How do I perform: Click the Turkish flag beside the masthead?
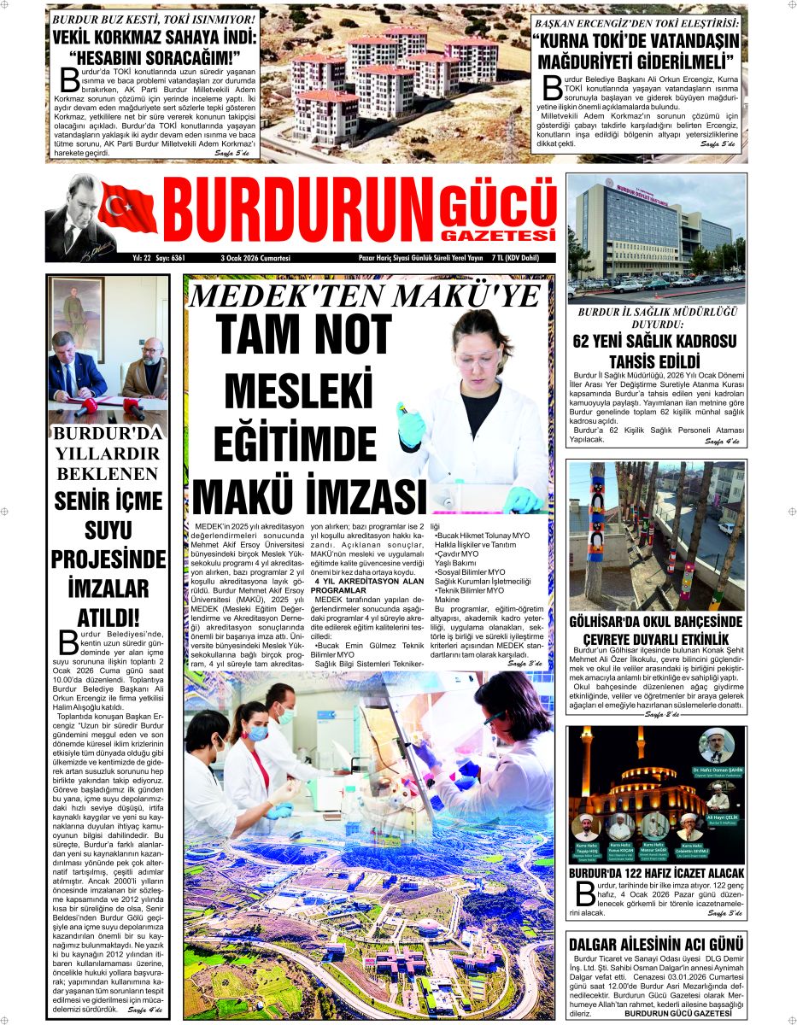tap(127, 210)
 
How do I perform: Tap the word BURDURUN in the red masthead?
tap(296, 214)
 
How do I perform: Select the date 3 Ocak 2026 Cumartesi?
tap(255, 258)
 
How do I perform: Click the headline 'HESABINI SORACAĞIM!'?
tap(155, 57)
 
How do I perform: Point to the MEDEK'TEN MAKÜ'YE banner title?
tap(363, 296)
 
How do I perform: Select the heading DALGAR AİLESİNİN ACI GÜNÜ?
tap(655, 944)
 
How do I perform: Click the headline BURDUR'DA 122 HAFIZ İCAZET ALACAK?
tap(656, 873)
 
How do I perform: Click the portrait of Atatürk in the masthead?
tap(75, 214)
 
